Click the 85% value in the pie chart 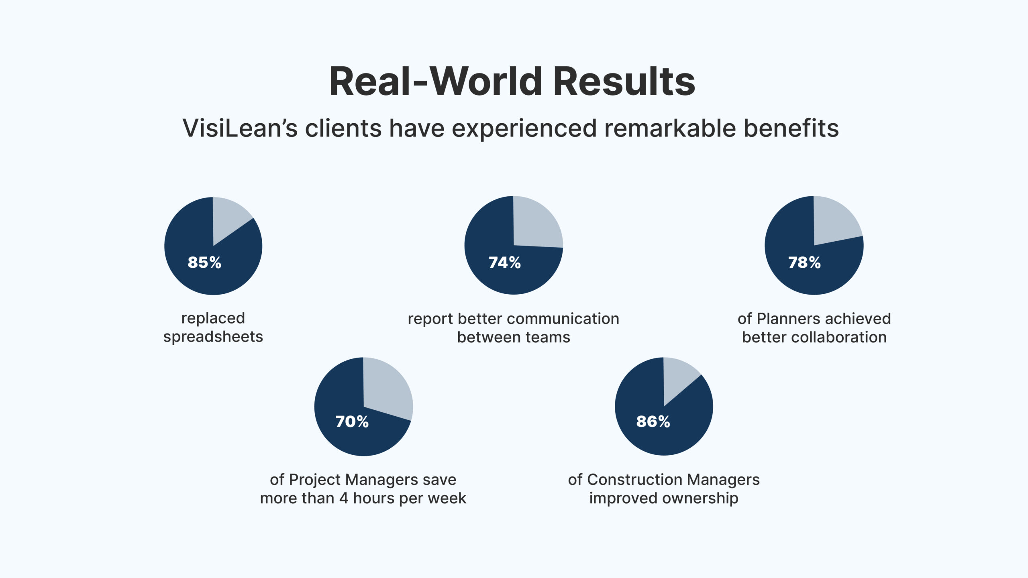pos(204,263)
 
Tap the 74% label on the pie pos(505,263)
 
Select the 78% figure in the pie pos(804,263)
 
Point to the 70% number pos(352,421)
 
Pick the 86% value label pos(653,421)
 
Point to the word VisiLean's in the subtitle pos(240,128)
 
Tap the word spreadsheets pos(213,337)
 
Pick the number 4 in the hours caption pos(343,498)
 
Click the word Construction pos(632,480)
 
